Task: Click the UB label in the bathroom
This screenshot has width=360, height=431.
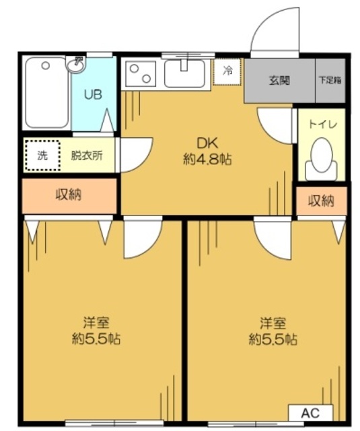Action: click(x=93, y=94)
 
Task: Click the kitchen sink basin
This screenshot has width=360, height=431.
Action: click(x=184, y=74)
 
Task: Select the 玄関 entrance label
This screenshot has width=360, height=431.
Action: click(x=279, y=81)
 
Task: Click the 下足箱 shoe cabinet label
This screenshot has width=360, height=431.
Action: click(x=330, y=81)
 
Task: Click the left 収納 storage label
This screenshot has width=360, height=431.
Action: click(x=69, y=196)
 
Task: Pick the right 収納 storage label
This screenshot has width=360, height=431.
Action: click(x=321, y=201)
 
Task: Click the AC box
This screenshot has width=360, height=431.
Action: click(x=311, y=413)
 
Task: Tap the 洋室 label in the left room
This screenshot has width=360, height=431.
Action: click(x=96, y=321)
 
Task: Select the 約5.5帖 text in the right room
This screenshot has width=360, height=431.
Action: click(x=273, y=339)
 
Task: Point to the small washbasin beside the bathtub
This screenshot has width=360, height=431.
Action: click(x=77, y=65)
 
